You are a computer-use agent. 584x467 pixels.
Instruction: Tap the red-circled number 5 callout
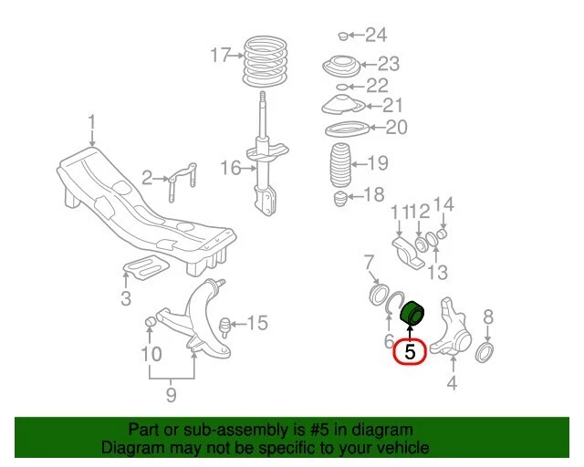point(410,349)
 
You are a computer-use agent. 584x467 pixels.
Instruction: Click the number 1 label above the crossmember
point(92,121)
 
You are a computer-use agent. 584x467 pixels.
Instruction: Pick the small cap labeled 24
point(343,36)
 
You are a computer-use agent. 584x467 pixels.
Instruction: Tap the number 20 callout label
point(397,127)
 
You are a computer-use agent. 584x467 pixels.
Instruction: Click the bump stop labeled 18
point(340,197)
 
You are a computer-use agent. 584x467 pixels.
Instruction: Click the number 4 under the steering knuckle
point(451,384)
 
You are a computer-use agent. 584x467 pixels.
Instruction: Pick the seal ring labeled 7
point(374,295)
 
